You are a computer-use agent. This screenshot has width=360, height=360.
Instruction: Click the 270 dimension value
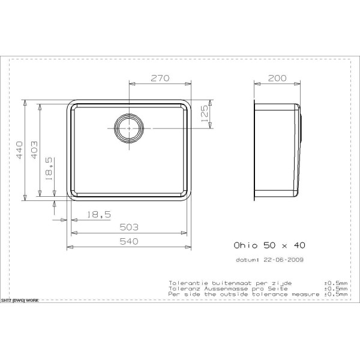[160, 78]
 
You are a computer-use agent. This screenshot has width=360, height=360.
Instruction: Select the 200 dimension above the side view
[277, 78]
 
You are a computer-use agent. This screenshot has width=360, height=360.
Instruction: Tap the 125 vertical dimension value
[204, 113]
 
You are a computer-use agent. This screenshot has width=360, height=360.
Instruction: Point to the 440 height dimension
[19, 150]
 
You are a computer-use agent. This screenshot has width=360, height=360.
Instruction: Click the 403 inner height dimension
[34, 150]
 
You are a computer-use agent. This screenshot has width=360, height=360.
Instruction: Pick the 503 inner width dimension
[129, 227]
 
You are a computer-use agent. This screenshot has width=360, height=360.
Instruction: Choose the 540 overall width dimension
[129, 241]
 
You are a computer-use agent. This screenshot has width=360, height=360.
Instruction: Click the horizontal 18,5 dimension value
[99, 215]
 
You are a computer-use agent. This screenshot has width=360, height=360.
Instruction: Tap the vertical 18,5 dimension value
[49, 168]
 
